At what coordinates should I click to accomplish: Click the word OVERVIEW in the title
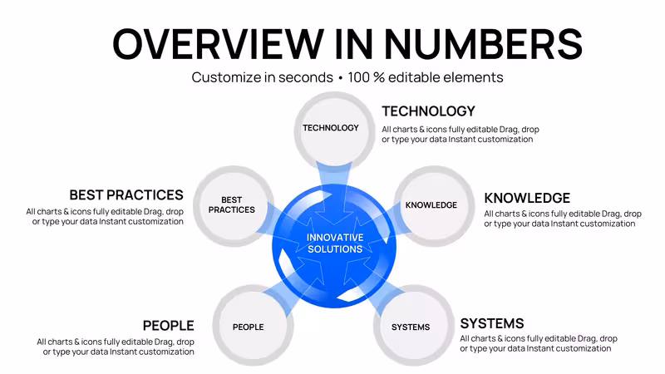tap(218, 44)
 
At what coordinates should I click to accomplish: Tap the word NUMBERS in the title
tap(483, 44)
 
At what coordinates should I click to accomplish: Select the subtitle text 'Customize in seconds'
tap(262, 77)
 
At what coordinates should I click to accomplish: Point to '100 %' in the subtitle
tap(366, 77)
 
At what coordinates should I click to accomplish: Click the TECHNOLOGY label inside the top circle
tap(331, 128)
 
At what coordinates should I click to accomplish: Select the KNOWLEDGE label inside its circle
tap(431, 205)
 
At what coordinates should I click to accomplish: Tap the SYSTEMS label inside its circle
tap(411, 327)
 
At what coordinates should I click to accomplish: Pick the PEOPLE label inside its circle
tap(248, 327)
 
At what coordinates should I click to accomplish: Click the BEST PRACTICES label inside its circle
tap(232, 204)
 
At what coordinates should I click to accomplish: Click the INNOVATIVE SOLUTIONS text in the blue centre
tap(335, 244)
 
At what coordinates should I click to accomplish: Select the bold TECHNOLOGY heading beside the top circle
tap(428, 111)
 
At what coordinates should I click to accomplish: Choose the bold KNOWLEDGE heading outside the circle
tap(527, 198)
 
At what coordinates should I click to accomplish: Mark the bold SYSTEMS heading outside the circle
tap(492, 323)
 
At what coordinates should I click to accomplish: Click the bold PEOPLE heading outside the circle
tap(169, 326)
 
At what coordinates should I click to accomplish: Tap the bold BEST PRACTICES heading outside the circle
tap(126, 195)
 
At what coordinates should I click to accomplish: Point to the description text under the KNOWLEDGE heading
tap(563, 219)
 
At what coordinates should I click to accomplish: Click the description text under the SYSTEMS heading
tap(539, 343)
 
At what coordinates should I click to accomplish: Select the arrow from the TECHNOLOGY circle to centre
tap(334, 193)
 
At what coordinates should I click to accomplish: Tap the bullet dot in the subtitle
tap(341, 78)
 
